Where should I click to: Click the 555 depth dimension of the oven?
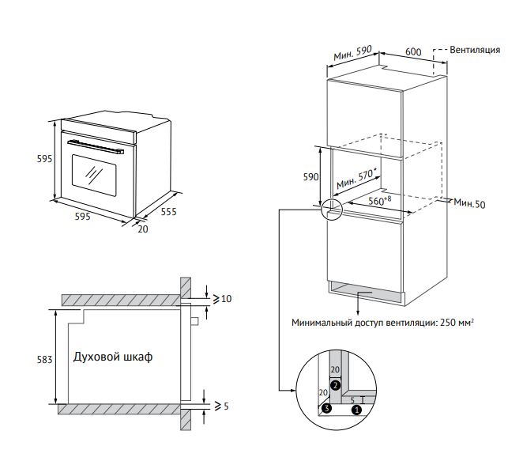pos(168,212)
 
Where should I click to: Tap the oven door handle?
pos(96,147)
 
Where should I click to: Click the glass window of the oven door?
pos(94,176)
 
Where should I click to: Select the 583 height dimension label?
pos(44,360)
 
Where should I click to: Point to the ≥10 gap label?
pos(222,298)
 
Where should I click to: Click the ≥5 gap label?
pos(221,406)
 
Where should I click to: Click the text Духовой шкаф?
pos(113,357)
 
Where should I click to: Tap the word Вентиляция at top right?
pos(475,50)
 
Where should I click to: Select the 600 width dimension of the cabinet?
pos(413,51)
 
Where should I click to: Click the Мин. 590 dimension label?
pos(353,53)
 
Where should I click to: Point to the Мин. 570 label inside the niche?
pos(356,180)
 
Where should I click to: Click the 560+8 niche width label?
pos(379,201)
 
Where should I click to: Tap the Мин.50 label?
pos(469,203)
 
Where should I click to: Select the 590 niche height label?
pos(310,177)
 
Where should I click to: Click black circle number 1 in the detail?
pos(357,410)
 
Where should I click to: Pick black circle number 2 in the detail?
pos(335,386)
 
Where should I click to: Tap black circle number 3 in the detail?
pos(327,407)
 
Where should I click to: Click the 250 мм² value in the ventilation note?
pos(457,323)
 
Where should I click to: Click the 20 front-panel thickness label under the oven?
pos(143,229)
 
